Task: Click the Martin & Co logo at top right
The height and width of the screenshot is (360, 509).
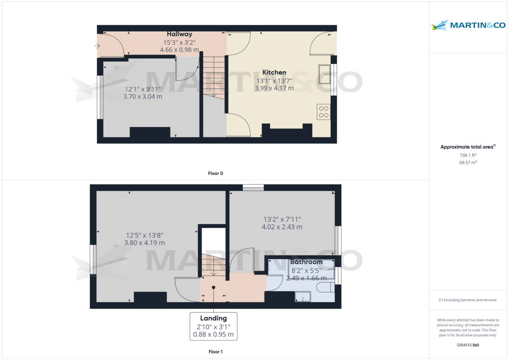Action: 468,25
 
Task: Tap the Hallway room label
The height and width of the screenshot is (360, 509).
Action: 179,34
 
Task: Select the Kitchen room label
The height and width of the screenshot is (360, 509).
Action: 274,73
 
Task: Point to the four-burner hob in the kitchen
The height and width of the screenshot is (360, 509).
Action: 324,112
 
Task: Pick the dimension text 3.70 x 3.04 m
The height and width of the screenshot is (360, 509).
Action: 143,97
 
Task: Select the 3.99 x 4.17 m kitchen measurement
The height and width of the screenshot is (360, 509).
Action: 274,88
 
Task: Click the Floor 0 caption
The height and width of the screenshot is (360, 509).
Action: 215,173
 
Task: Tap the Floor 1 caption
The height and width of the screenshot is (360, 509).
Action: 215,352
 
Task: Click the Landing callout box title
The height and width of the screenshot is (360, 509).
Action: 213,318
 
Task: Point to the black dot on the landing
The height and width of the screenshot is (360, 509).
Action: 213,287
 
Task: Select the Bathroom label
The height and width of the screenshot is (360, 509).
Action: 306,262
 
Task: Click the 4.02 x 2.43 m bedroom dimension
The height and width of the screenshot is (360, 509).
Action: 282,227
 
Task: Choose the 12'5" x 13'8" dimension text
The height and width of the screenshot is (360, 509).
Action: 144,235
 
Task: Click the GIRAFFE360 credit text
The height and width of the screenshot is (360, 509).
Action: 468,345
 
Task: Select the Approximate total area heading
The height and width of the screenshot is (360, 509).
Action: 467,147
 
